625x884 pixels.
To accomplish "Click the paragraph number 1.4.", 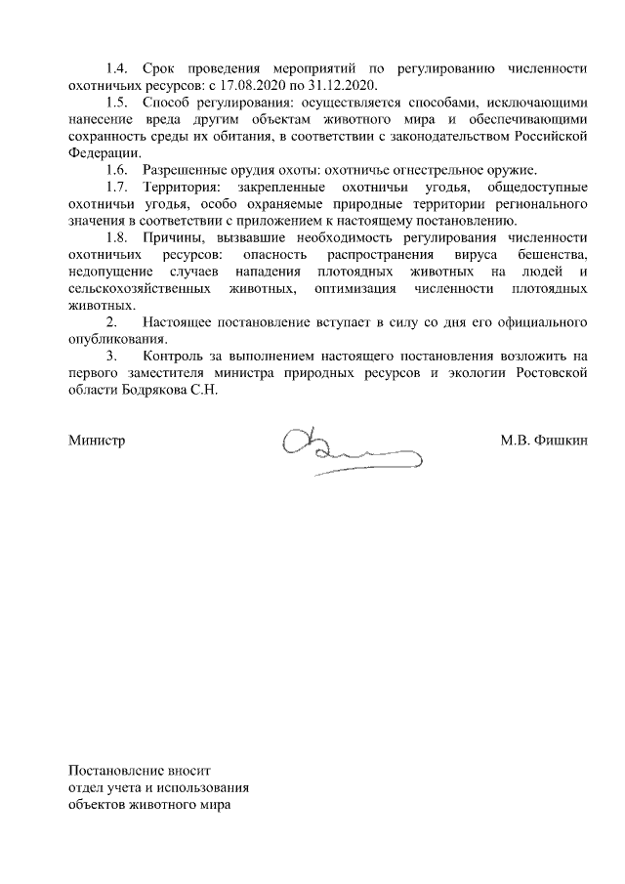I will click(x=117, y=69).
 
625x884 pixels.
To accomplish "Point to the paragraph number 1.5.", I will click(x=117, y=104).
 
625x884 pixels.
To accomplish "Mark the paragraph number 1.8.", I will click(x=117, y=238).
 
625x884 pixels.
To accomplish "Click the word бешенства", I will click(x=551, y=255).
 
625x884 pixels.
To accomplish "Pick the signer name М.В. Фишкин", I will click(x=543, y=441).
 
